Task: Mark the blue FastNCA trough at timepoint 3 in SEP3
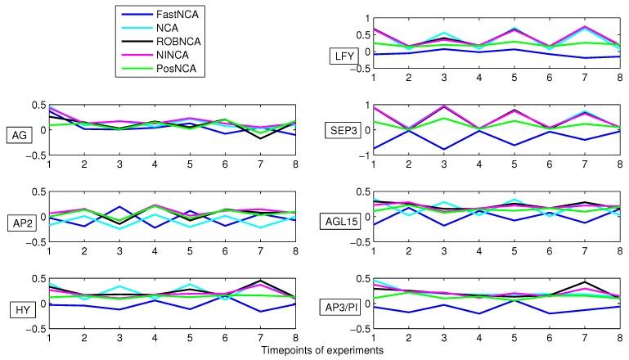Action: (x=444, y=150)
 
